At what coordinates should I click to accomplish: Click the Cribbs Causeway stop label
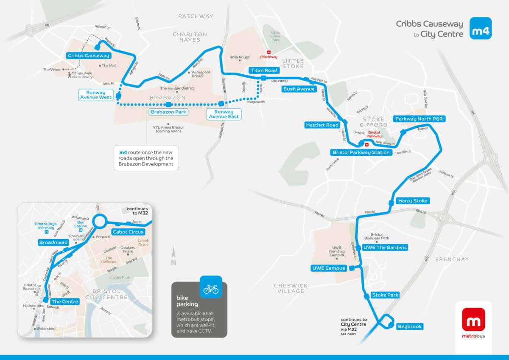tap(88, 56)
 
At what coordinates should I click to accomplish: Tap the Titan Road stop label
tap(263, 70)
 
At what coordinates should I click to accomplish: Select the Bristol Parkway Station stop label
tap(361, 152)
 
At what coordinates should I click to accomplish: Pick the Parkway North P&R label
tap(419, 119)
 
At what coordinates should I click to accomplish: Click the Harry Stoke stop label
tap(413, 201)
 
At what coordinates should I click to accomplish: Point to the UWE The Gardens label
tap(385, 247)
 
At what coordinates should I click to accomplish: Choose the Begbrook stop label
tap(410, 326)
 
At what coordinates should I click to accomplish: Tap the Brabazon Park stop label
tap(168, 112)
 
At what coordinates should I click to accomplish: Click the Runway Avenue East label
tap(224, 114)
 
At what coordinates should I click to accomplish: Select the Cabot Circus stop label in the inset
tap(128, 232)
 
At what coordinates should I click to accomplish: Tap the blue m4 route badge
tap(481, 28)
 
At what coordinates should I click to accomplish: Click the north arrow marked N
tap(173, 257)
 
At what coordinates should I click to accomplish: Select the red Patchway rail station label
tap(268, 56)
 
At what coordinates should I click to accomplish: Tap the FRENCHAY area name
tap(452, 259)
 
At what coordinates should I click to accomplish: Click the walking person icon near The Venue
tap(69, 75)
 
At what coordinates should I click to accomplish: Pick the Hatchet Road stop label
tap(322, 125)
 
